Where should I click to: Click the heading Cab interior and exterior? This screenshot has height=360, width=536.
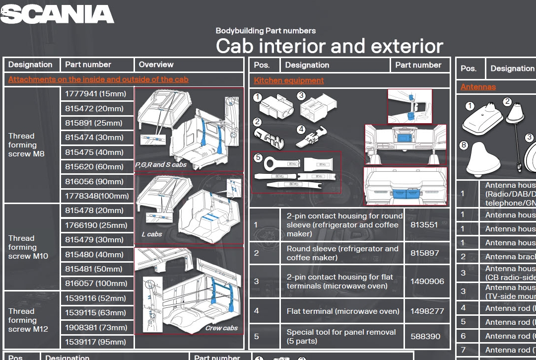tap(330, 46)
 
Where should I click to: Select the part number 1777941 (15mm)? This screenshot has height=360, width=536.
tap(96, 94)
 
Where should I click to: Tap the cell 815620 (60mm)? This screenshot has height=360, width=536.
tap(94, 167)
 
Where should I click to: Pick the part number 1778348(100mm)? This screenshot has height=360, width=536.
tap(97, 196)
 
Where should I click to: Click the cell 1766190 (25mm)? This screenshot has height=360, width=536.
tap(96, 225)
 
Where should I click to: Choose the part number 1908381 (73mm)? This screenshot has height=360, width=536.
tap(96, 328)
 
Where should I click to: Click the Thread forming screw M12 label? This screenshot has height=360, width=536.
tap(28, 320)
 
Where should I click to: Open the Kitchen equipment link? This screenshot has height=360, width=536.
tap(289, 80)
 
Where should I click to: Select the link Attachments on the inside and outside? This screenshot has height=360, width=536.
tap(98, 79)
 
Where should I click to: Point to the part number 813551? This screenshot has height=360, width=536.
tap(424, 225)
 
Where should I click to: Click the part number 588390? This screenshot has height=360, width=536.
tap(425, 337)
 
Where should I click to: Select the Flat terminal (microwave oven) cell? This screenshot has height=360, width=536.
tap(343, 311)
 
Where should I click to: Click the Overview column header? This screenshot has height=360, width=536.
tap(156, 65)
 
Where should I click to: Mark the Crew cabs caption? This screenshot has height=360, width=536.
tap(221, 328)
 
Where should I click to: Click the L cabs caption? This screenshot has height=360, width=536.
tap(152, 234)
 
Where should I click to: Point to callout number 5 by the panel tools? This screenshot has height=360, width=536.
tap(258, 157)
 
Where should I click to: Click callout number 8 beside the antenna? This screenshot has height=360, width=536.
tap(464, 145)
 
